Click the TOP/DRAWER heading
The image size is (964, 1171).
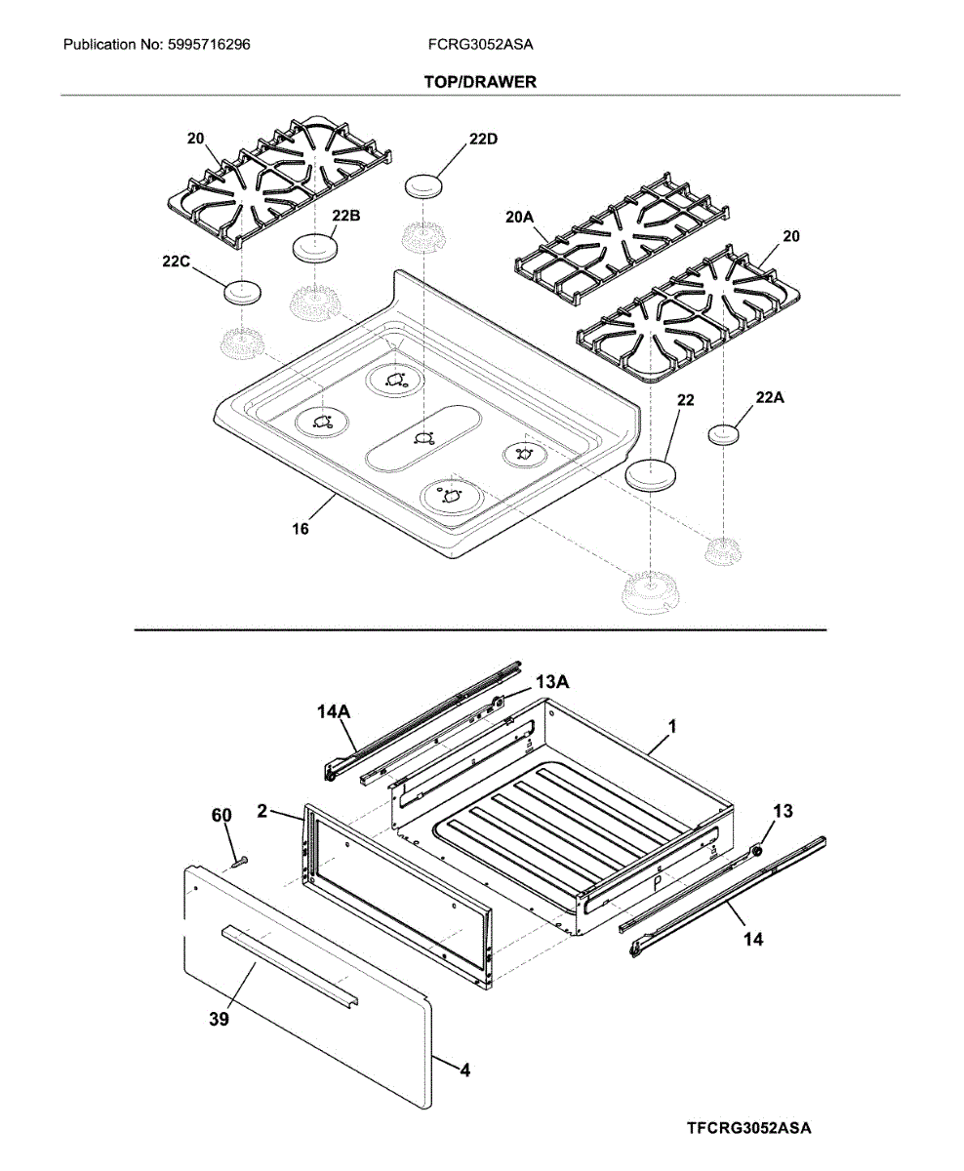[x=480, y=83]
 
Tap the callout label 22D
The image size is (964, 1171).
[x=482, y=139]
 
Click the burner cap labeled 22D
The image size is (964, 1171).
[x=424, y=185]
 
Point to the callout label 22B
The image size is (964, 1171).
[x=345, y=216]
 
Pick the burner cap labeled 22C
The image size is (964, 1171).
[x=242, y=291]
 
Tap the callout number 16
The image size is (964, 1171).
[x=301, y=528]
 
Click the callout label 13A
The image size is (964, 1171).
[x=550, y=683]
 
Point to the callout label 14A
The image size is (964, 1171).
[x=333, y=713]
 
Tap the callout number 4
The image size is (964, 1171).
[x=465, y=1070]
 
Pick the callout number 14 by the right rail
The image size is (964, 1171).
[x=753, y=939]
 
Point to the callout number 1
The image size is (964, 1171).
[x=672, y=727]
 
